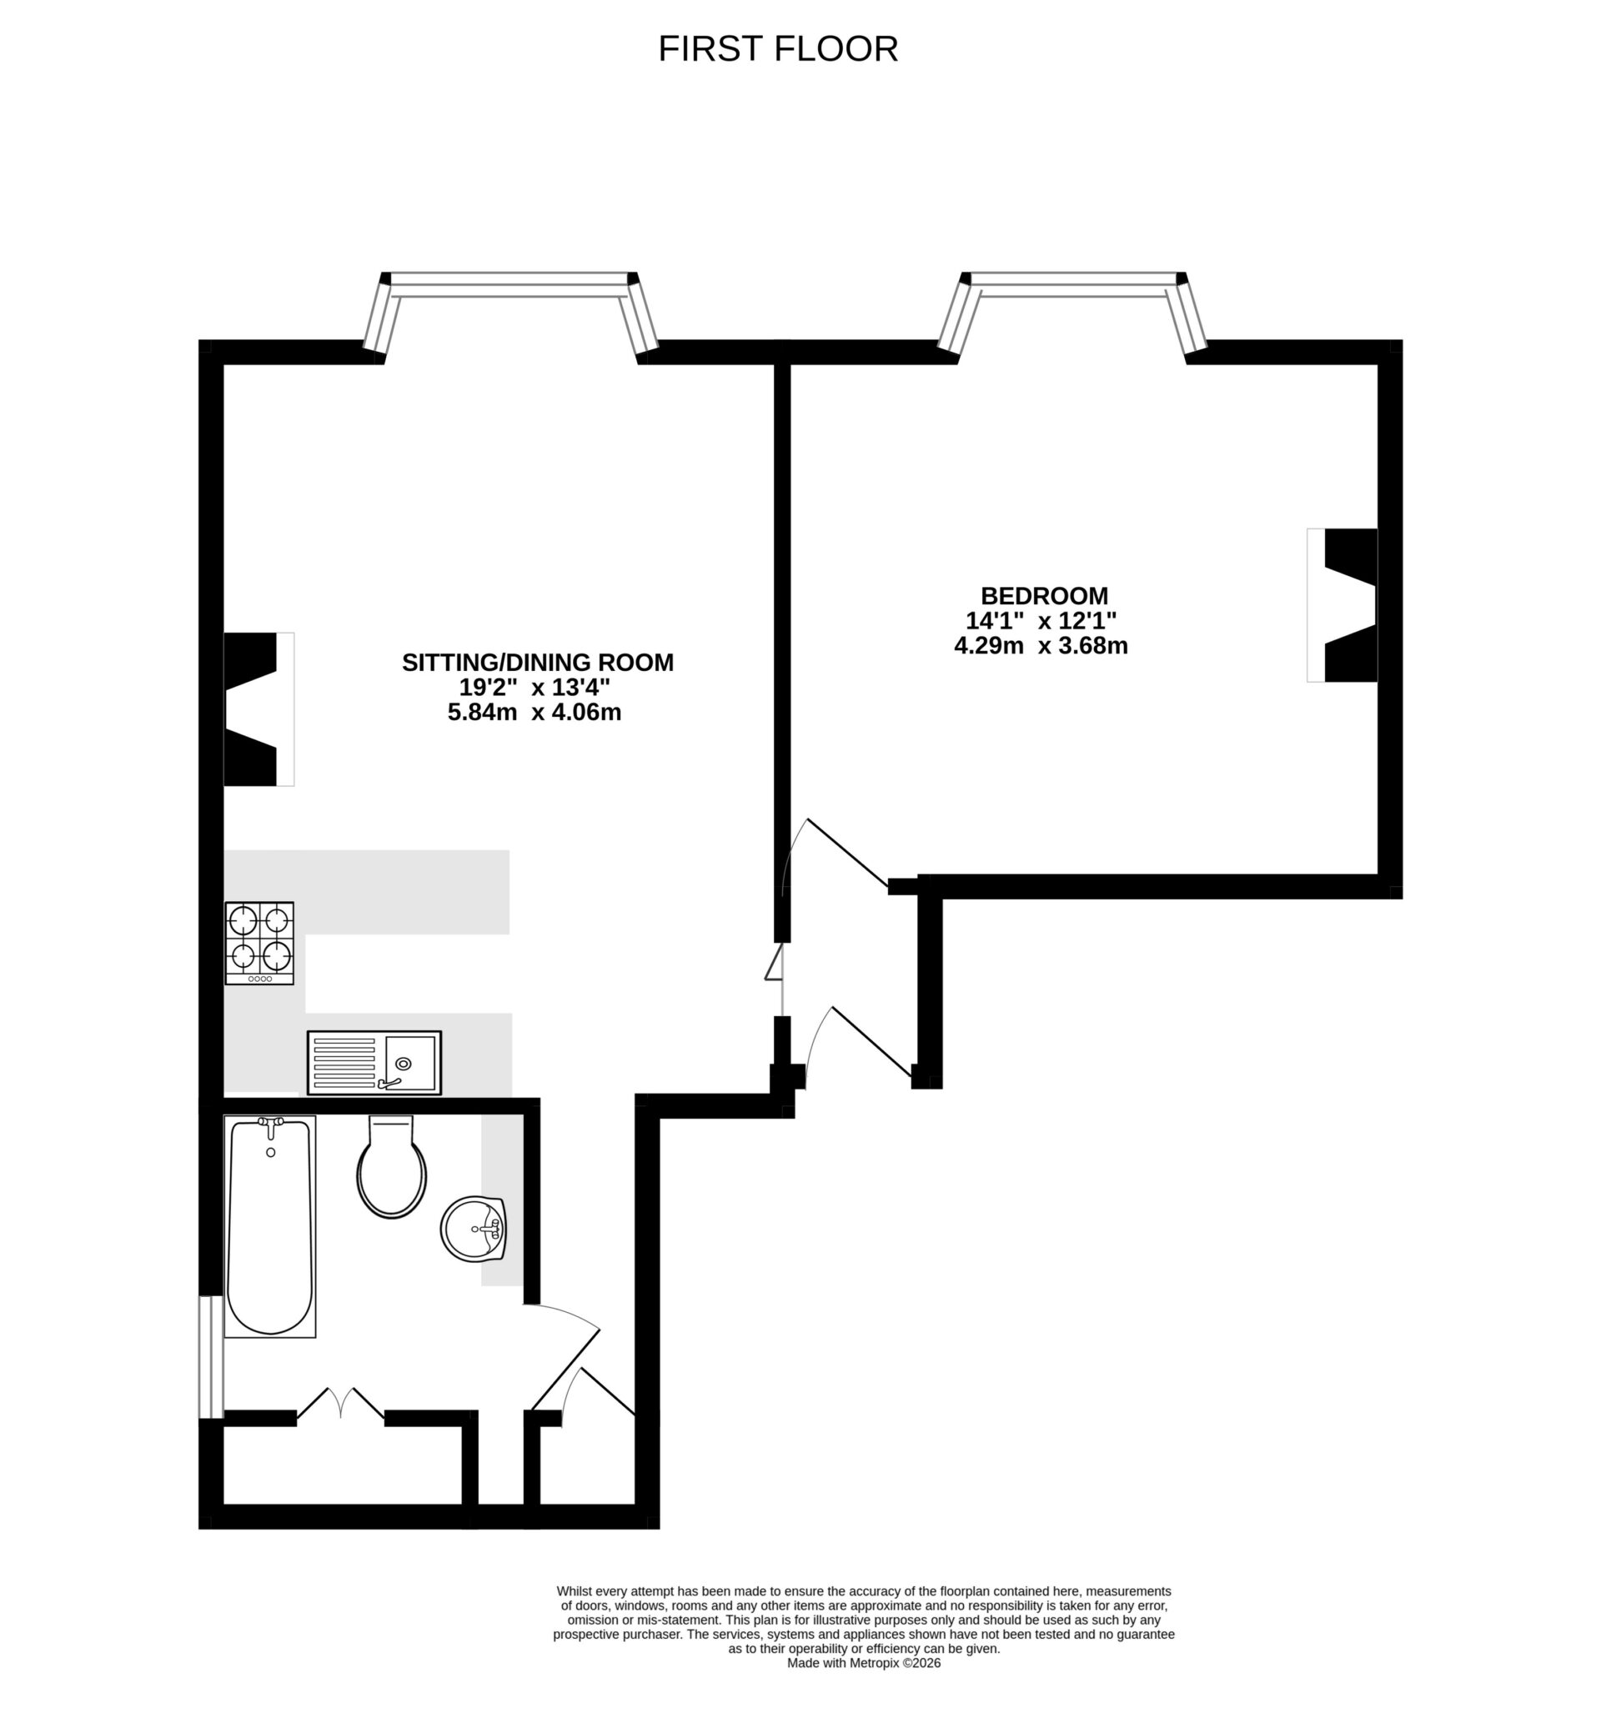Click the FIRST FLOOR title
tap(777, 49)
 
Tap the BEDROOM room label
tap(1044, 596)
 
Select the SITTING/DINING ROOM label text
tap(537, 663)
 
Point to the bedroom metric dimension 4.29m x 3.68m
tap(1041, 645)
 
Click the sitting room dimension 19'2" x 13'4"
tap(535, 688)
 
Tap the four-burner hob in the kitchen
tap(259, 943)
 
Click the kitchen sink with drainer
tap(374, 1062)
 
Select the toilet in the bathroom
tap(392, 1169)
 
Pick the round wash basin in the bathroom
tap(473, 1229)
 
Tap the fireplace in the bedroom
tap(1343, 605)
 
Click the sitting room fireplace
tap(258, 709)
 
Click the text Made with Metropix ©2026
tap(863, 1664)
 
